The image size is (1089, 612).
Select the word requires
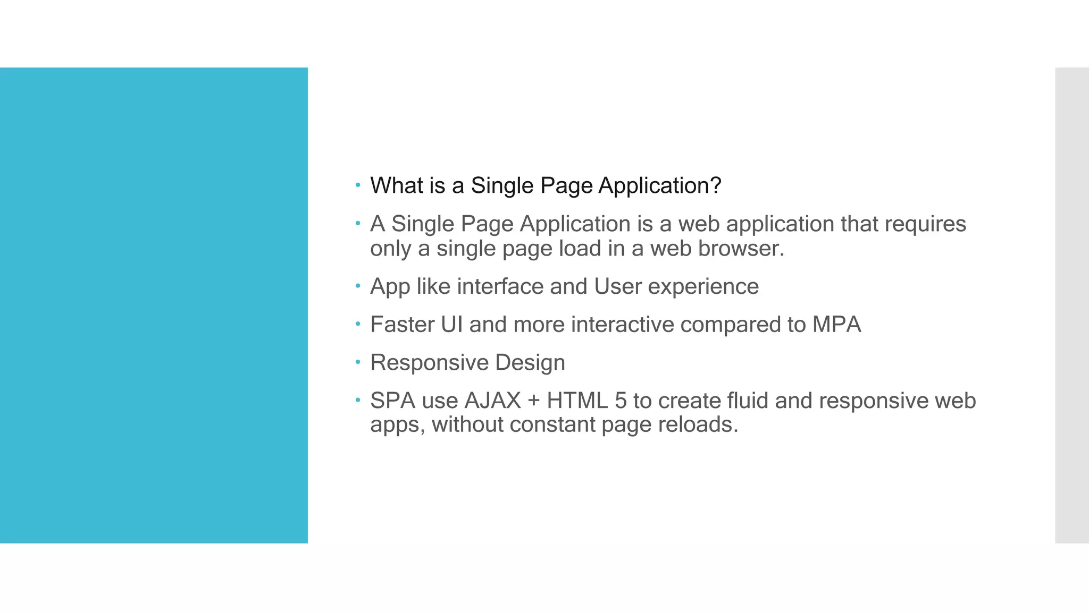click(x=925, y=224)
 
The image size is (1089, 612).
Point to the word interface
click(x=500, y=286)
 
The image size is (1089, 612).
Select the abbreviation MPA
click(x=836, y=325)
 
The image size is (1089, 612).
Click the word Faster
click(x=402, y=325)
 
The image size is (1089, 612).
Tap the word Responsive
click(x=429, y=363)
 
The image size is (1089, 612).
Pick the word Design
click(x=530, y=363)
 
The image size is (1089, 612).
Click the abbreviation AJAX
click(x=492, y=401)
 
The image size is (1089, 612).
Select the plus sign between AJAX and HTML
click(x=534, y=401)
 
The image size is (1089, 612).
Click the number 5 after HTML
click(x=621, y=401)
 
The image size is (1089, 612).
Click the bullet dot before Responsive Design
click(x=358, y=362)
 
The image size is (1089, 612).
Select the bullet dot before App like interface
click(x=358, y=286)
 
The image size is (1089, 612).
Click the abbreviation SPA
click(x=392, y=401)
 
